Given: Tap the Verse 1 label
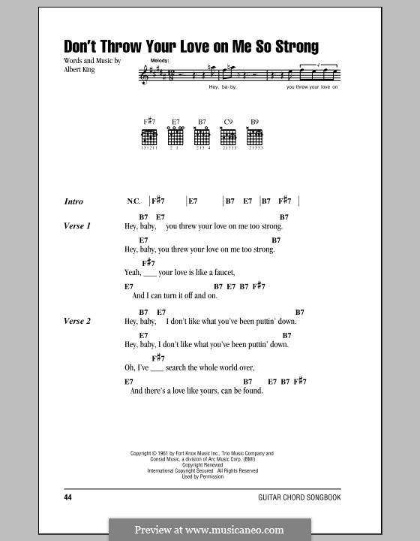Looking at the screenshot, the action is (x=77, y=226).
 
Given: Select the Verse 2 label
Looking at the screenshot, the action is (x=77, y=322).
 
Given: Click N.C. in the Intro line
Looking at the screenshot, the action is (x=133, y=201).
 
